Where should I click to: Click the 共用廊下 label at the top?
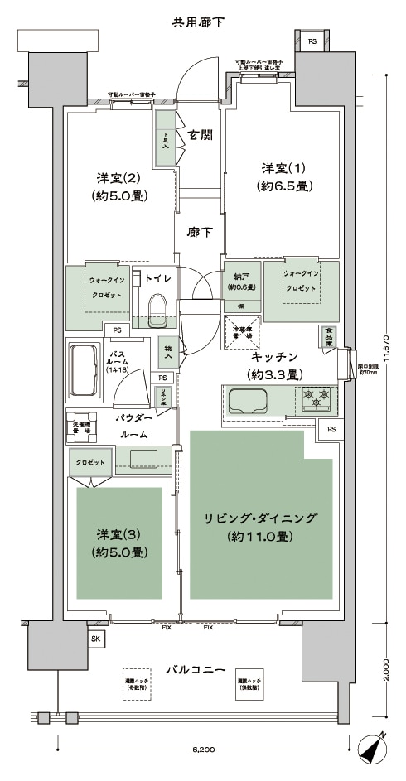click(x=198, y=21)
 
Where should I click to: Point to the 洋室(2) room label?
click(x=121, y=187)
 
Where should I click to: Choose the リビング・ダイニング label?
click(x=261, y=528)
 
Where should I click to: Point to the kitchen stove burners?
click(x=316, y=398)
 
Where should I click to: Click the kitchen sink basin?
click(x=247, y=403)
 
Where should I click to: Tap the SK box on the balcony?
click(x=95, y=639)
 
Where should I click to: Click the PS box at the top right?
click(x=312, y=41)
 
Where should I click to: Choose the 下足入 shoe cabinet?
click(x=166, y=142)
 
